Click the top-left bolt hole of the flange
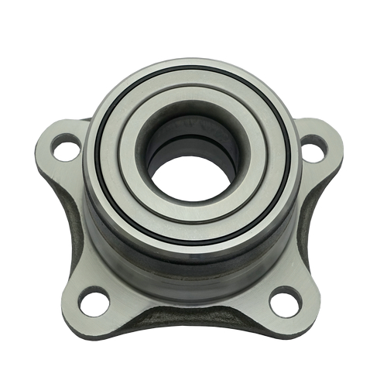65,147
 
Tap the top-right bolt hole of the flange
313,148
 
